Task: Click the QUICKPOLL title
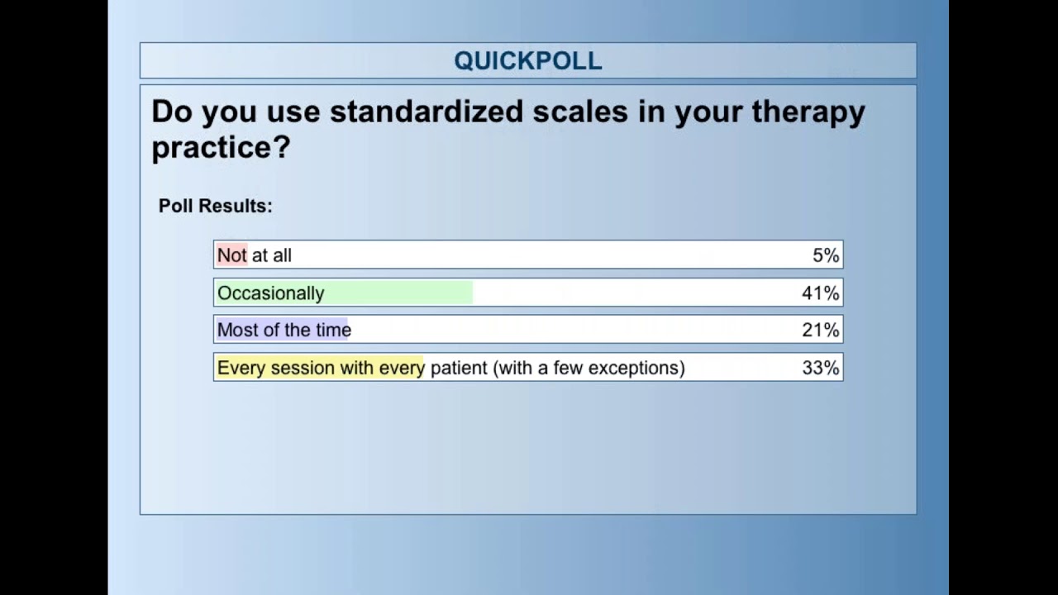tap(527, 60)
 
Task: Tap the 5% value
tap(826, 255)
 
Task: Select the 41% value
tap(820, 293)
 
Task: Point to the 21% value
tap(820, 330)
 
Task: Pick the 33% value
tap(820, 368)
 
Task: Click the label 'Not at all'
tap(255, 255)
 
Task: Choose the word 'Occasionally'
tap(271, 293)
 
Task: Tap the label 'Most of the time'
tap(284, 331)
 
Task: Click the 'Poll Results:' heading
tap(216, 206)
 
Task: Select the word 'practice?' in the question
tap(221, 148)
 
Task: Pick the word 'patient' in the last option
tap(459, 369)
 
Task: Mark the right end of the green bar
tap(471, 293)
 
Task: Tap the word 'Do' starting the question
tap(171, 112)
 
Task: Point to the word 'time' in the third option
tap(334, 331)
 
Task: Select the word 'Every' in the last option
tap(241, 369)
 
